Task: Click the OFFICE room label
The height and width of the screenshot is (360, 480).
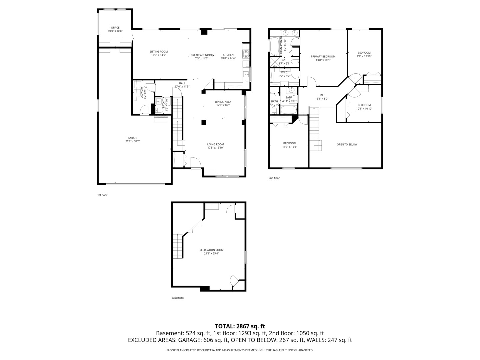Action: [115, 28]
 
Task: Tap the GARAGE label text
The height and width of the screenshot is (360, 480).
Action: [132, 138]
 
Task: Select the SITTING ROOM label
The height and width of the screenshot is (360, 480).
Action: [158, 52]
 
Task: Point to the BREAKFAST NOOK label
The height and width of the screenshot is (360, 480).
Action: [202, 55]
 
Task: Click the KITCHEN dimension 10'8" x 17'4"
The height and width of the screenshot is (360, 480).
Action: [228, 58]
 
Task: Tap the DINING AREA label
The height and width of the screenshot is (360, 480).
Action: [223, 102]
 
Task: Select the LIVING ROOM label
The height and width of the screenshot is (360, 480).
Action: [215, 144]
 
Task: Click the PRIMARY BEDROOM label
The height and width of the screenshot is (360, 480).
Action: [323, 57]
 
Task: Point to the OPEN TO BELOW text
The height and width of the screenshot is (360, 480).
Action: [347, 144]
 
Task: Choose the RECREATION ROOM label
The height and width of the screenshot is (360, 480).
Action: [211, 250]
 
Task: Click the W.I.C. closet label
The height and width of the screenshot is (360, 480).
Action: [284, 72]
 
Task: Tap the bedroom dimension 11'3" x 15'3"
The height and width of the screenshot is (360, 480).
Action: [289, 147]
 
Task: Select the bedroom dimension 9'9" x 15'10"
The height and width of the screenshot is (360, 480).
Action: [364, 56]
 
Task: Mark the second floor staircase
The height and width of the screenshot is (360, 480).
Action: [314, 128]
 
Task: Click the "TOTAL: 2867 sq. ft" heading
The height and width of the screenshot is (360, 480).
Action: [240, 326]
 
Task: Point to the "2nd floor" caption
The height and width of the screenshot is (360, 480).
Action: [274, 178]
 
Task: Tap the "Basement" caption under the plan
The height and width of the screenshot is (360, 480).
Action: [177, 298]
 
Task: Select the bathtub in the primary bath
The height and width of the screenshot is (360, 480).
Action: [274, 46]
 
